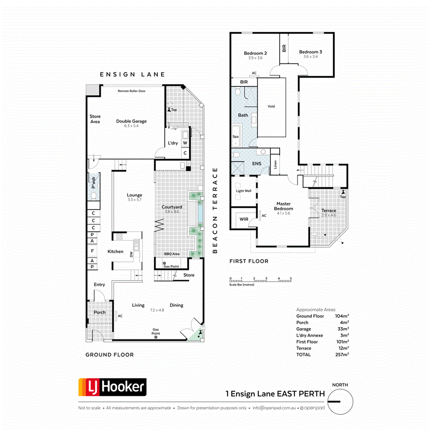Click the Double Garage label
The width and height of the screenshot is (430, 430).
click(131, 121)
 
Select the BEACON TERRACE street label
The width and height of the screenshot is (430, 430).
click(215, 210)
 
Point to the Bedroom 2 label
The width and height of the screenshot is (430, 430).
click(256, 53)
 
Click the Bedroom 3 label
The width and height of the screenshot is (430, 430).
click(310, 52)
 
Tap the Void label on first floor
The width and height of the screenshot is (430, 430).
click(271, 107)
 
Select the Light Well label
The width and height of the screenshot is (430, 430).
click(243, 191)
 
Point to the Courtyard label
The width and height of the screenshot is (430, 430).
click(172, 207)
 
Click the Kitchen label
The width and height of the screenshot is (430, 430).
click(115, 251)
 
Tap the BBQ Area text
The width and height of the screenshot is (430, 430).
click(172, 254)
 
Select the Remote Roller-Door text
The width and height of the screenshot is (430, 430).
click(131, 91)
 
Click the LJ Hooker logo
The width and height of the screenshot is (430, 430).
click(112, 386)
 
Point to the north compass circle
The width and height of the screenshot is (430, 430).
click(340, 402)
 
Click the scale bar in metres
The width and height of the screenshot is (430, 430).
click(260, 280)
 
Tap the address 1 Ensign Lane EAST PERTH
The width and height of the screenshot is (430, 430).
click(275, 394)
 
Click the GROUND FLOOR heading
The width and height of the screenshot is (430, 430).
click(109, 355)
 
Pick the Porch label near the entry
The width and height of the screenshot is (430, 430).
click(99, 312)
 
